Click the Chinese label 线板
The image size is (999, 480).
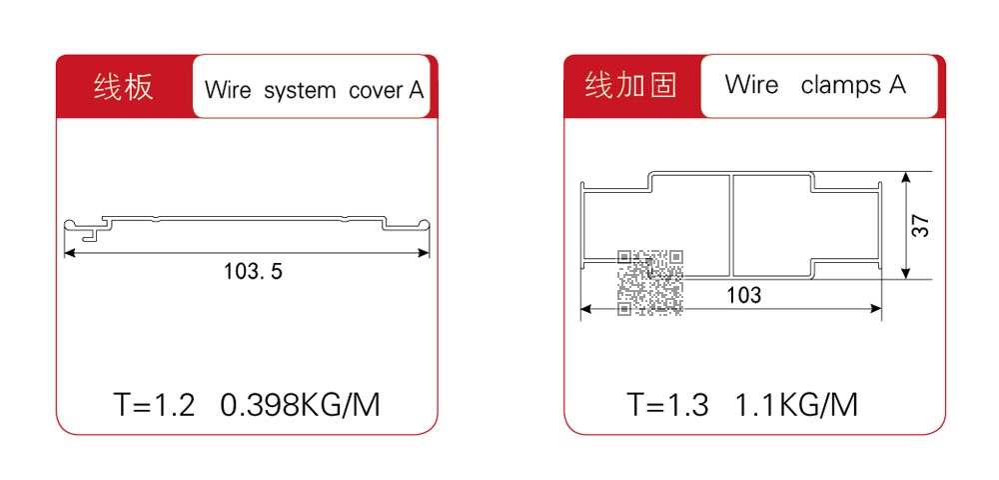124,87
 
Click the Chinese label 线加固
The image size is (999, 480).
630,85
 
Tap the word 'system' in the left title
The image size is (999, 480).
300,90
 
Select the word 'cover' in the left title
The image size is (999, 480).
375,90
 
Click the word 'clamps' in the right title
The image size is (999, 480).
840,85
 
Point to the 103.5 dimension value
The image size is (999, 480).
253,270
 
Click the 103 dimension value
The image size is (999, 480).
743,295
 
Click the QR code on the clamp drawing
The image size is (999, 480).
650,281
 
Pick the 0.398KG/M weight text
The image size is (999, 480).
300,405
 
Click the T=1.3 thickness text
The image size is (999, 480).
667,405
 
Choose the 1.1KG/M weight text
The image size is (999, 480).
796,405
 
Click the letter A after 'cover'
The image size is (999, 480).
416,90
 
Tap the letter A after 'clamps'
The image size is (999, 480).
896,85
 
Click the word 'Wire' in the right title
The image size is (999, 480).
751,85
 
